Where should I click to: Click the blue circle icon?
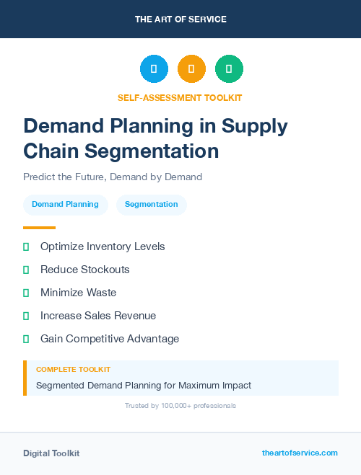[154, 68]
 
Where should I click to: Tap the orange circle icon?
[191, 68]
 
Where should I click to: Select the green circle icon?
[229, 68]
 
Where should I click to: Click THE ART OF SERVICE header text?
[180, 19]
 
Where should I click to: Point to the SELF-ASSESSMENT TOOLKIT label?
[180, 97]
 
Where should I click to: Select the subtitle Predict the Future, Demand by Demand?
[113, 177]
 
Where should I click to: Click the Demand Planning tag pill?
[66, 205]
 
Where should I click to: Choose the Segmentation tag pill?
[152, 205]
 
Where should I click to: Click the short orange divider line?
[39, 228]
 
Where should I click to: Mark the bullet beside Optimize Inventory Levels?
[26, 247]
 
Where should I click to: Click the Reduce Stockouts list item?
[85, 270]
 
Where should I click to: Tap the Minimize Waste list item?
[78, 293]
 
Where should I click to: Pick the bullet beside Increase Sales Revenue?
[26, 316]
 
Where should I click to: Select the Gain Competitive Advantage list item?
[110, 339]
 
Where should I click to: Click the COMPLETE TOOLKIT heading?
[73, 369]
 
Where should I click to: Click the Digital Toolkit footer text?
[51, 453]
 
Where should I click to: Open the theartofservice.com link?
[300, 453]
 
